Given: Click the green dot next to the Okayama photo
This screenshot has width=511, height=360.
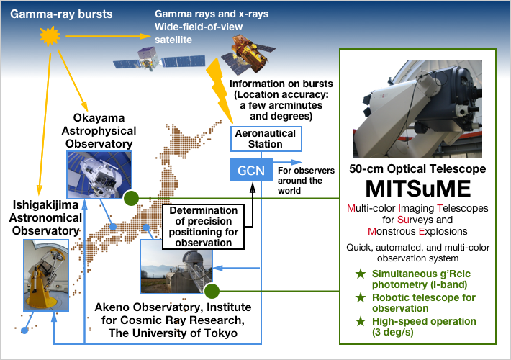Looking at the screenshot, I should (131, 197).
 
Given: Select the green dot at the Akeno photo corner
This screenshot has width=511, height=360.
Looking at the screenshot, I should (211, 292).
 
